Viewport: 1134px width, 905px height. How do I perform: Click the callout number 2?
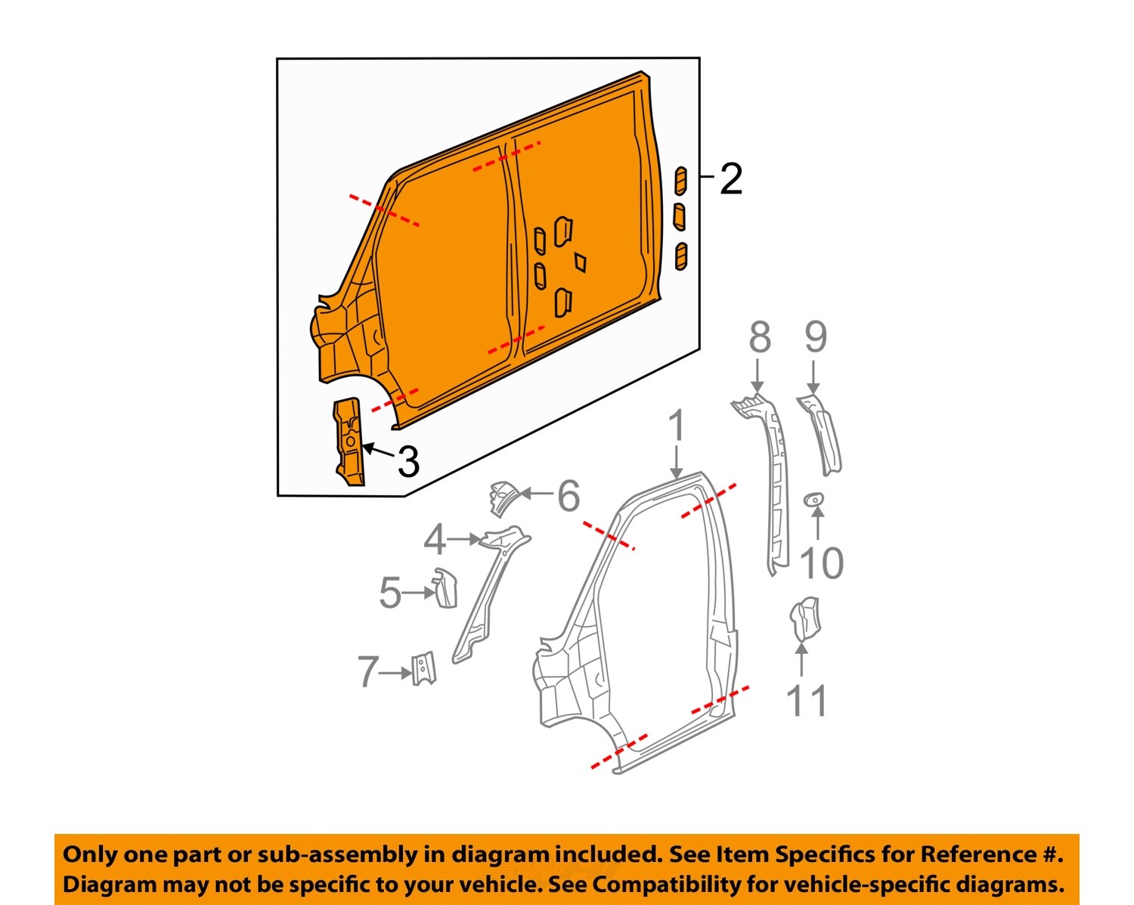[730, 179]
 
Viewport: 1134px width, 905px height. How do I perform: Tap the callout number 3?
[408, 462]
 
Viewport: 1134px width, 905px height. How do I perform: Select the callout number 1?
[677, 426]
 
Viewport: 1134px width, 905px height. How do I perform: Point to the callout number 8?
[760, 337]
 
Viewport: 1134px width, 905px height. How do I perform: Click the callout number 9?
[815, 337]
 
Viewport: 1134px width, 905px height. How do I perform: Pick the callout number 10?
[821, 563]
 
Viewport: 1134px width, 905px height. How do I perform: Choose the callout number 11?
[807, 701]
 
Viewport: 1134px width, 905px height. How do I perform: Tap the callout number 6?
[569, 496]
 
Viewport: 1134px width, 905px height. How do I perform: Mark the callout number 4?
[435, 541]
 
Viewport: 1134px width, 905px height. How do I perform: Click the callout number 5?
[390, 593]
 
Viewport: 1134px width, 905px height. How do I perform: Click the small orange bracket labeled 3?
[349, 442]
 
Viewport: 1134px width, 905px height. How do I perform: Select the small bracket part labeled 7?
[423, 668]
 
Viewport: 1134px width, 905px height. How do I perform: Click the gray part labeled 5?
[445, 588]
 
